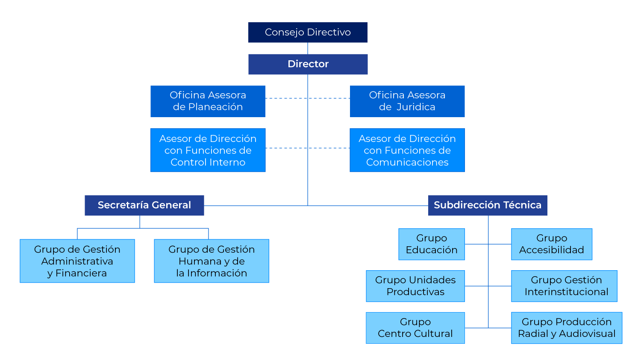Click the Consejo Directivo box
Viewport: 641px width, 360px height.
[308, 32]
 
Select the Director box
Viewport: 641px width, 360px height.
[308, 64]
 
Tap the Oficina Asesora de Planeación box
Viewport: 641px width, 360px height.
[208, 101]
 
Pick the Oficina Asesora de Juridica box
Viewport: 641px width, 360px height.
[407, 101]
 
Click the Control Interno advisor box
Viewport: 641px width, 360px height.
[208, 150]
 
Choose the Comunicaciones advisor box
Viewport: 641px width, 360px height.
[407, 150]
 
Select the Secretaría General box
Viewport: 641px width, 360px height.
[144, 205]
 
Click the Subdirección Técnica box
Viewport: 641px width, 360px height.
[488, 205]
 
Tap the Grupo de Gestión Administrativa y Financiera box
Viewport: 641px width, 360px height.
[77, 261]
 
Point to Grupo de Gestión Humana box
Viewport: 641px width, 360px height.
[212, 261]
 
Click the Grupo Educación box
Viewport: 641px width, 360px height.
[432, 244]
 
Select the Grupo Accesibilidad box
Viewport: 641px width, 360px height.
[552, 244]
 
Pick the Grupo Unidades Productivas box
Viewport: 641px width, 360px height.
[415, 286]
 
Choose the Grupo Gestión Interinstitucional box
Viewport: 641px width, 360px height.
[564, 286]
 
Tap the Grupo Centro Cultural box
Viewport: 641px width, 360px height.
[415, 328]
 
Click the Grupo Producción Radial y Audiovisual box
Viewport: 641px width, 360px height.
[567, 328]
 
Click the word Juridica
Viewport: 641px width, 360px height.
[416, 107]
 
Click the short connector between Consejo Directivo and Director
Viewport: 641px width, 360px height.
[308, 48]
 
